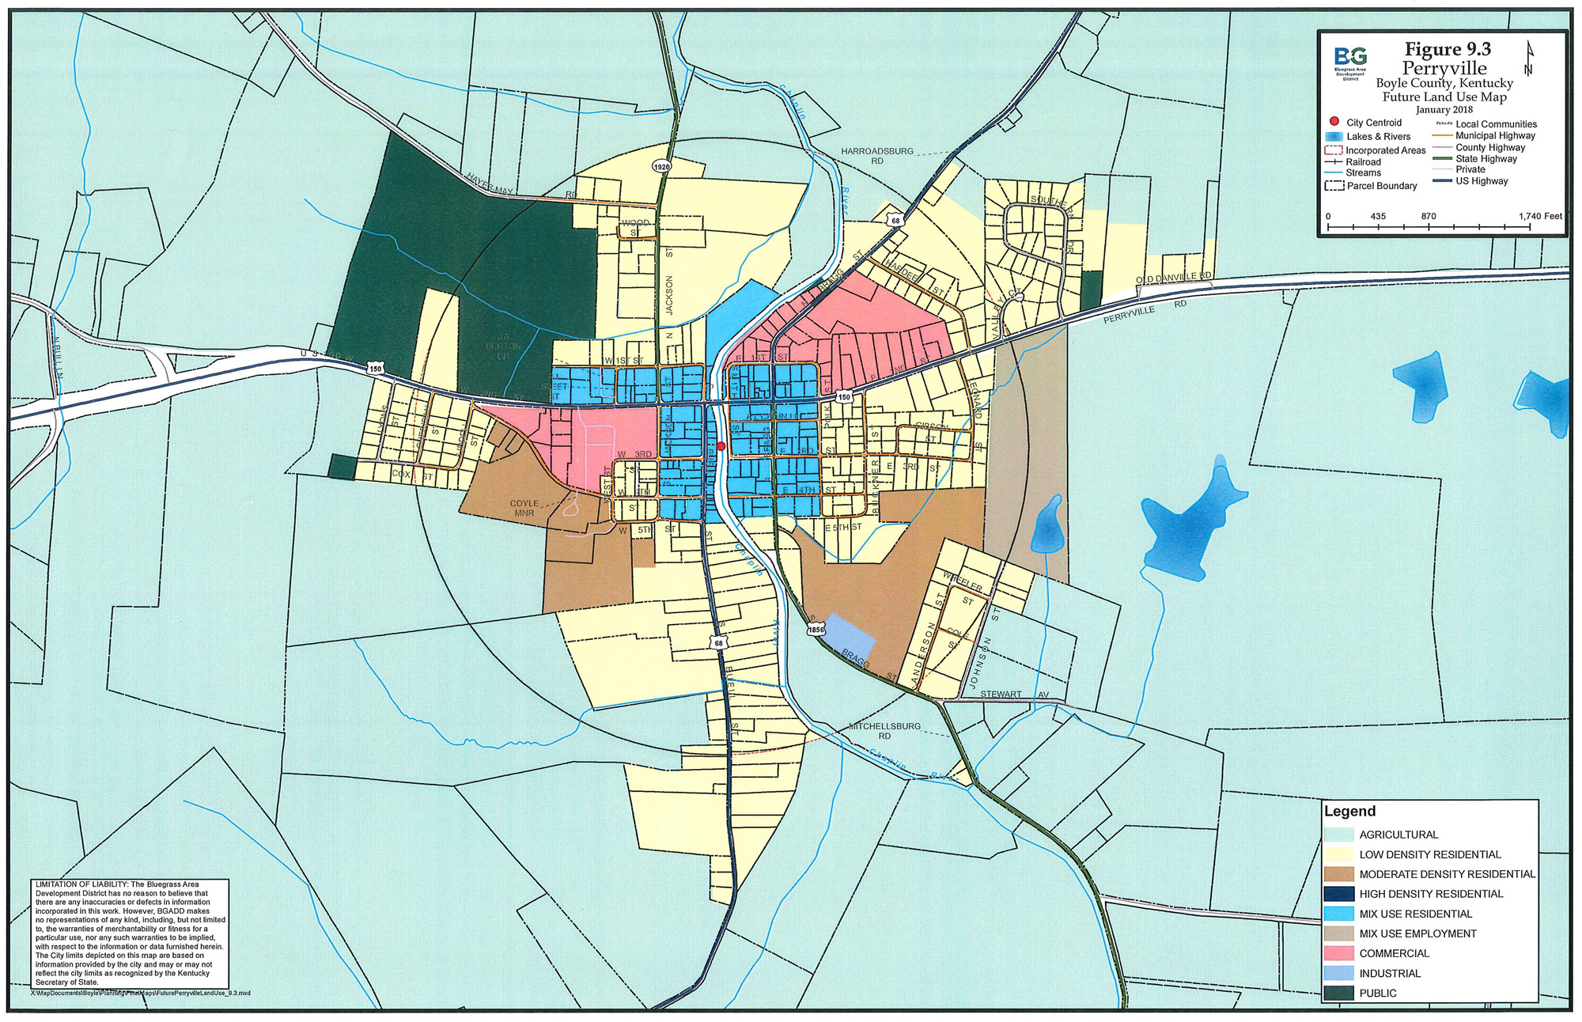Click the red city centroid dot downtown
point(721,446)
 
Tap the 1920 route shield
point(662,167)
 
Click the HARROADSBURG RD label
point(877,155)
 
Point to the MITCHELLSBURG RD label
point(884,730)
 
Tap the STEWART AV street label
point(1014,694)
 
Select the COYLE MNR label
point(524,508)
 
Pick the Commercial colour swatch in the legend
point(1338,953)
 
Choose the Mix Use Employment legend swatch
point(1338,933)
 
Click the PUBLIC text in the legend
point(1378,993)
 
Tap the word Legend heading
point(1349,811)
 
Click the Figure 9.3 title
point(1448,50)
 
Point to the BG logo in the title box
point(1350,57)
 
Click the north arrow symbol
point(1528,59)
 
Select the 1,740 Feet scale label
point(1540,216)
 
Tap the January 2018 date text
point(1444,110)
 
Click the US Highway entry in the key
point(1482,181)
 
